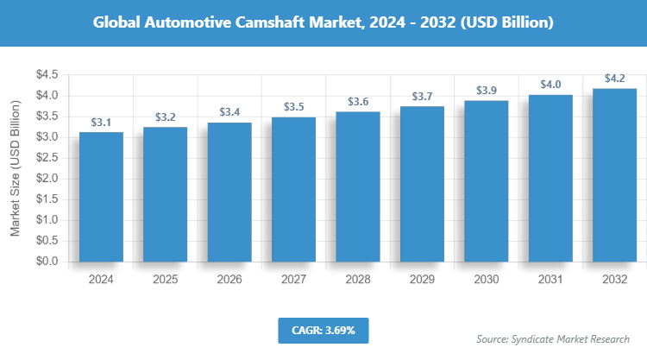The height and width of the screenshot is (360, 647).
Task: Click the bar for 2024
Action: click(x=101, y=197)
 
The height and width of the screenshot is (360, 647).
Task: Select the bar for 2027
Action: click(x=294, y=189)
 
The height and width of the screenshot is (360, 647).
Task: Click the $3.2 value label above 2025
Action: click(x=166, y=117)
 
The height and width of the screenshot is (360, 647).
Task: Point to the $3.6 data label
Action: click(x=358, y=102)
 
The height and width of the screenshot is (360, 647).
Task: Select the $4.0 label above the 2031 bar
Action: click(x=551, y=84)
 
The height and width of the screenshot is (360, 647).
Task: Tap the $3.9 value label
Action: click(x=487, y=90)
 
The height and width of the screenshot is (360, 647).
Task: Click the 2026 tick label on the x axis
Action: click(x=229, y=280)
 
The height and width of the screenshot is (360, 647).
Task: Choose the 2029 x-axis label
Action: click(x=423, y=280)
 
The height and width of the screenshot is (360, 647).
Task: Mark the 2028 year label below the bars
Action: click(x=358, y=280)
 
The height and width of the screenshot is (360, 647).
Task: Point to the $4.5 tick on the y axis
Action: click(x=47, y=75)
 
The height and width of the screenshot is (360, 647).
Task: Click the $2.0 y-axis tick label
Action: click(x=47, y=179)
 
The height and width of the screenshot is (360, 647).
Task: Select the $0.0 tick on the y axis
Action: click(x=47, y=262)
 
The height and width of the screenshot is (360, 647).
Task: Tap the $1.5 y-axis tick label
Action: click(x=47, y=199)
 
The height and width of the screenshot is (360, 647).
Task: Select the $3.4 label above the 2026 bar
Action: click(x=229, y=112)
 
